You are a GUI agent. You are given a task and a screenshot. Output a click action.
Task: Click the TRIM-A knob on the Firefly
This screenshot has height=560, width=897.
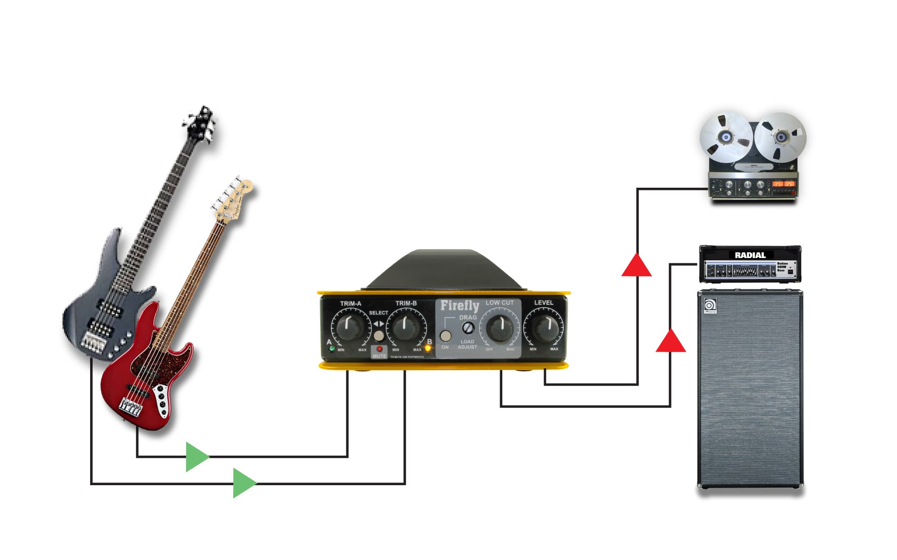(x=349, y=327)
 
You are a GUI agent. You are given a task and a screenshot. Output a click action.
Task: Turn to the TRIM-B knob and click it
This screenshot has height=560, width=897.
(x=405, y=327)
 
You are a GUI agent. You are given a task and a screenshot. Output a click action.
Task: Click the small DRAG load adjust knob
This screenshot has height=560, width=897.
(x=468, y=328)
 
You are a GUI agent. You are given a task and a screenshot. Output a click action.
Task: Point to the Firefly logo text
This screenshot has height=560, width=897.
(x=459, y=306)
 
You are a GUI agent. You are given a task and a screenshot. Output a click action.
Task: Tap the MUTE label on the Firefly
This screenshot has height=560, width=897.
(x=379, y=356)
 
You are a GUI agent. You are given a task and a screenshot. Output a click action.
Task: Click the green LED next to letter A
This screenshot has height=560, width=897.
(x=332, y=349)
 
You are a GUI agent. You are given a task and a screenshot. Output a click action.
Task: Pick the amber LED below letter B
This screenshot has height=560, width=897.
(x=428, y=349)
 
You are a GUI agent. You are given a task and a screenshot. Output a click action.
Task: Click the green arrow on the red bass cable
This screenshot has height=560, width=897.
(x=196, y=457)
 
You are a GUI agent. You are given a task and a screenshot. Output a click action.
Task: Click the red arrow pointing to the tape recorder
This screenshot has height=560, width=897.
(x=636, y=266)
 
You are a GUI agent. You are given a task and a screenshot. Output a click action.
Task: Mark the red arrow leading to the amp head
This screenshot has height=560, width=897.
(x=671, y=341)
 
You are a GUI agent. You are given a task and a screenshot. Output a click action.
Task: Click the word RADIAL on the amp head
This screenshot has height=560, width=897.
(x=750, y=255)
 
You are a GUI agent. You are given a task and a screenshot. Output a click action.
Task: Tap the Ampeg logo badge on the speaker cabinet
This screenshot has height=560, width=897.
(x=710, y=306)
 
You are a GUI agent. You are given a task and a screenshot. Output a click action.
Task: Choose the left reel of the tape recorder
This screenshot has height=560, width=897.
(x=726, y=137)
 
